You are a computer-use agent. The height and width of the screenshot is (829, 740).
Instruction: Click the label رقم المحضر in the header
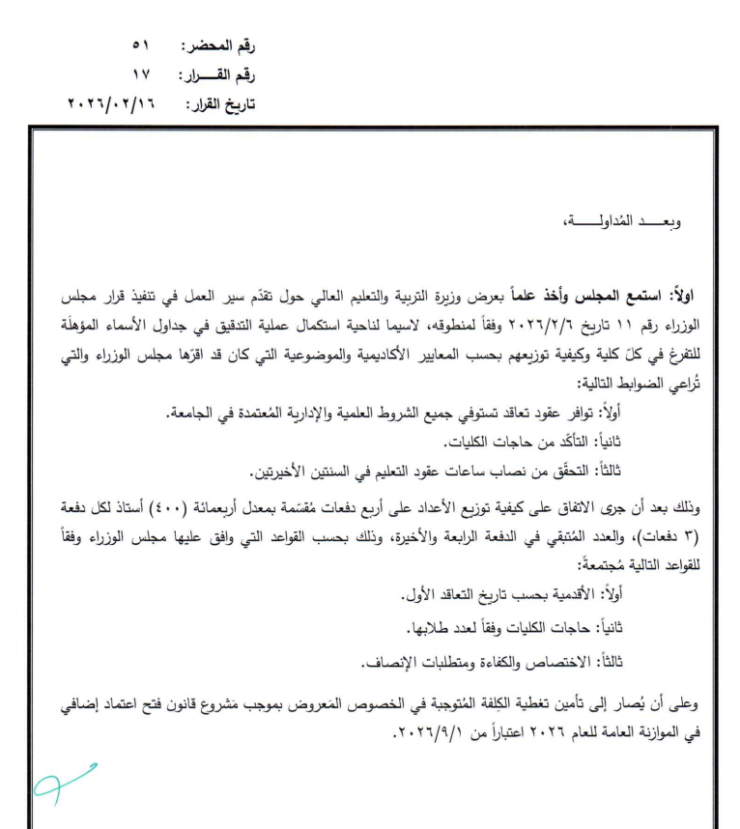click(221, 45)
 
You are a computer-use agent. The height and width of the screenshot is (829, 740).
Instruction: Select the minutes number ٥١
click(142, 45)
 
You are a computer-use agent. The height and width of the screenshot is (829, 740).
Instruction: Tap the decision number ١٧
click(142, 73)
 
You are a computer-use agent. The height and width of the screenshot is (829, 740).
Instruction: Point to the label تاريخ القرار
click(220, 101)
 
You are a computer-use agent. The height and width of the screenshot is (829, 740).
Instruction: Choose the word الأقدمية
click(554, 589)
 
